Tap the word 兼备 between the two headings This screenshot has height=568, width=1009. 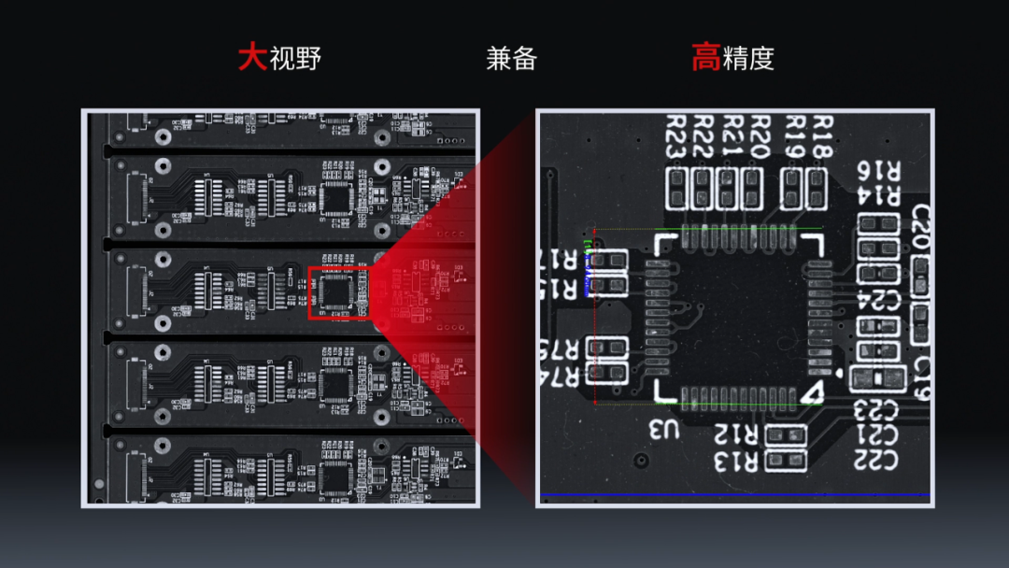click(x=512, y=59)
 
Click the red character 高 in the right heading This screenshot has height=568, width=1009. click(x=705, y=58)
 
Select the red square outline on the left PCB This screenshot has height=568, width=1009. click(x=338, y=292)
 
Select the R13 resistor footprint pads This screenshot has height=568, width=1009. click(x=786, y=459)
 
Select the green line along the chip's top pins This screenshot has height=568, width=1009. click(x=738, y=230)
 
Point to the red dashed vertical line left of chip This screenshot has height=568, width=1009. click(x=595, y=318)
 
